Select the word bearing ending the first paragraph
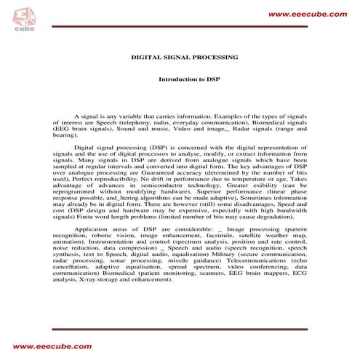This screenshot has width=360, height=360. (x=64, y=135)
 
